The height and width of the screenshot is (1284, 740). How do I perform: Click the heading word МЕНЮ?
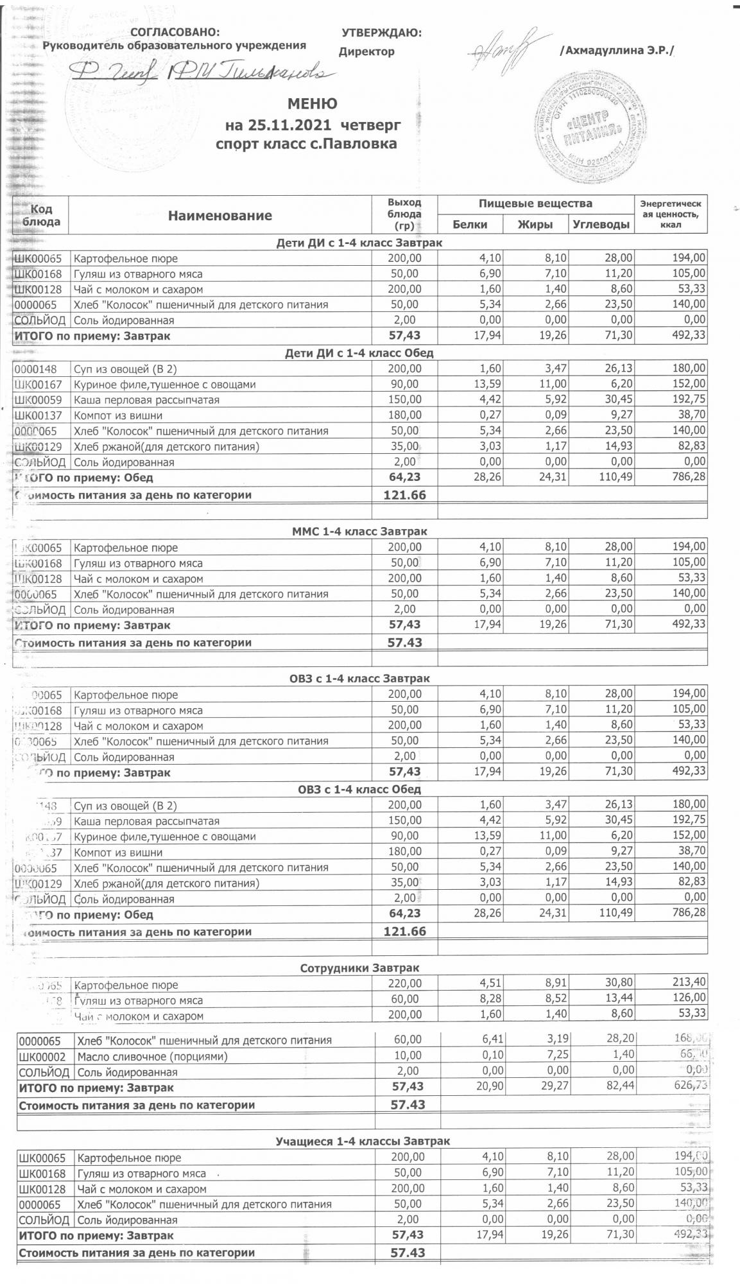coord(313,104)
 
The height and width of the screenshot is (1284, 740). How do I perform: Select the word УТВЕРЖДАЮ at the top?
coord(381,33)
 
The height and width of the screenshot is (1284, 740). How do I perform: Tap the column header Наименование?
coord(220,216)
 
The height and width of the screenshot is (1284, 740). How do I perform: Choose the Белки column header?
coord(470,225)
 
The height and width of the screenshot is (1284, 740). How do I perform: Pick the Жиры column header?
coord(535,225)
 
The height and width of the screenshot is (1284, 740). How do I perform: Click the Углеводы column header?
coord(600,225)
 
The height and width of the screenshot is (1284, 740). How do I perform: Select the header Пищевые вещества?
coord(535,204)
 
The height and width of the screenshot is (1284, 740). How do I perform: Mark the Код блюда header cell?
coord(41,215)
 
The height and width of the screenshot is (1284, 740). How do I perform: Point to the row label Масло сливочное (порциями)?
coord(152,1057)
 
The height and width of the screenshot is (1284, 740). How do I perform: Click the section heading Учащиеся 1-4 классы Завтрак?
coord(363,1141)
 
